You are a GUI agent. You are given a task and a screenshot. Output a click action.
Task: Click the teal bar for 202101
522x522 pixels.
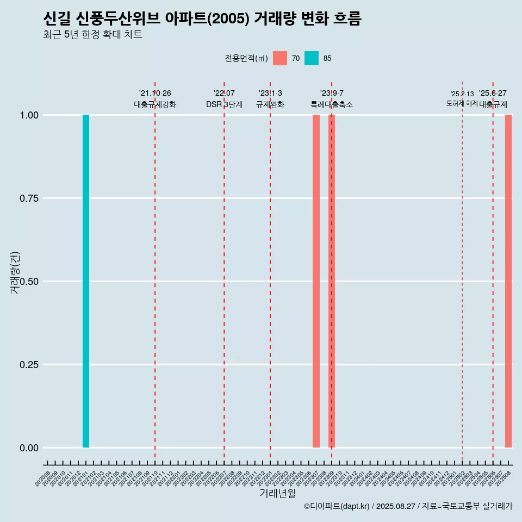86,281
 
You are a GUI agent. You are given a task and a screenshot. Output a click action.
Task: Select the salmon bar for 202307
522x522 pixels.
316,281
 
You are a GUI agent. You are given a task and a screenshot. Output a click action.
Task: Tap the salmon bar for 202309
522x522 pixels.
331,281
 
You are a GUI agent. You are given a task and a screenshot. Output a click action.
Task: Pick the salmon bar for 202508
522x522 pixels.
508,281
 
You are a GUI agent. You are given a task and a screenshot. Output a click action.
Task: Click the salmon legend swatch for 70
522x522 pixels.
280,58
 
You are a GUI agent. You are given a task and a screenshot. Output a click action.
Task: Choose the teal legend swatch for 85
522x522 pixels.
312,58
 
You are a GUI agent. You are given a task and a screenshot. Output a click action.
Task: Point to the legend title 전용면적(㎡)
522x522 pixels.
246,58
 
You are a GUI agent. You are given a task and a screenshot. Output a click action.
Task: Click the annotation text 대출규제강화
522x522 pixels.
155,104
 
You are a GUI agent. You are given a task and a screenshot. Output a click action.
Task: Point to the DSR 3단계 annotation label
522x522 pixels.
224,104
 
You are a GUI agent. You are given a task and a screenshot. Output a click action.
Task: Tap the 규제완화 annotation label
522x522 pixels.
270,104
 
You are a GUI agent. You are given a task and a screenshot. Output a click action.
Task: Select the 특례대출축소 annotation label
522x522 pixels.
332,104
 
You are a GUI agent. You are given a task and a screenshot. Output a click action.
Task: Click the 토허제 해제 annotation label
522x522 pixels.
462,103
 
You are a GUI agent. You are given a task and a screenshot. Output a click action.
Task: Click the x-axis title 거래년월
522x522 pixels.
277,494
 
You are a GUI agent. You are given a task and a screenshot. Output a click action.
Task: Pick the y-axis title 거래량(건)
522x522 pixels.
15,273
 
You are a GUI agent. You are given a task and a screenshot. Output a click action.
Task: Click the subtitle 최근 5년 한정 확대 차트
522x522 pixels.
92,35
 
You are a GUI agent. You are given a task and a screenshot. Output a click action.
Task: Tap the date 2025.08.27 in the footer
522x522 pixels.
396,506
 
